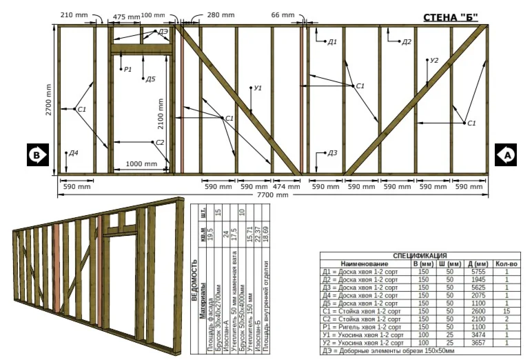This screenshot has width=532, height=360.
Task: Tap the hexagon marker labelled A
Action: tap(508, 156)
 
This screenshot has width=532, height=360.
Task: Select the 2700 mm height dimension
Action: tap(49, 100)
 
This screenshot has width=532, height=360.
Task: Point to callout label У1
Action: tap(258, 88)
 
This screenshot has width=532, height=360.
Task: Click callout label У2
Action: tap(433, 61)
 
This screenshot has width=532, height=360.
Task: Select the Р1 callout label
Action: tap(127, 69)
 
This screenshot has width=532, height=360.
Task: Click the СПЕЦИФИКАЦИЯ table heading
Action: tap(420, 255)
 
